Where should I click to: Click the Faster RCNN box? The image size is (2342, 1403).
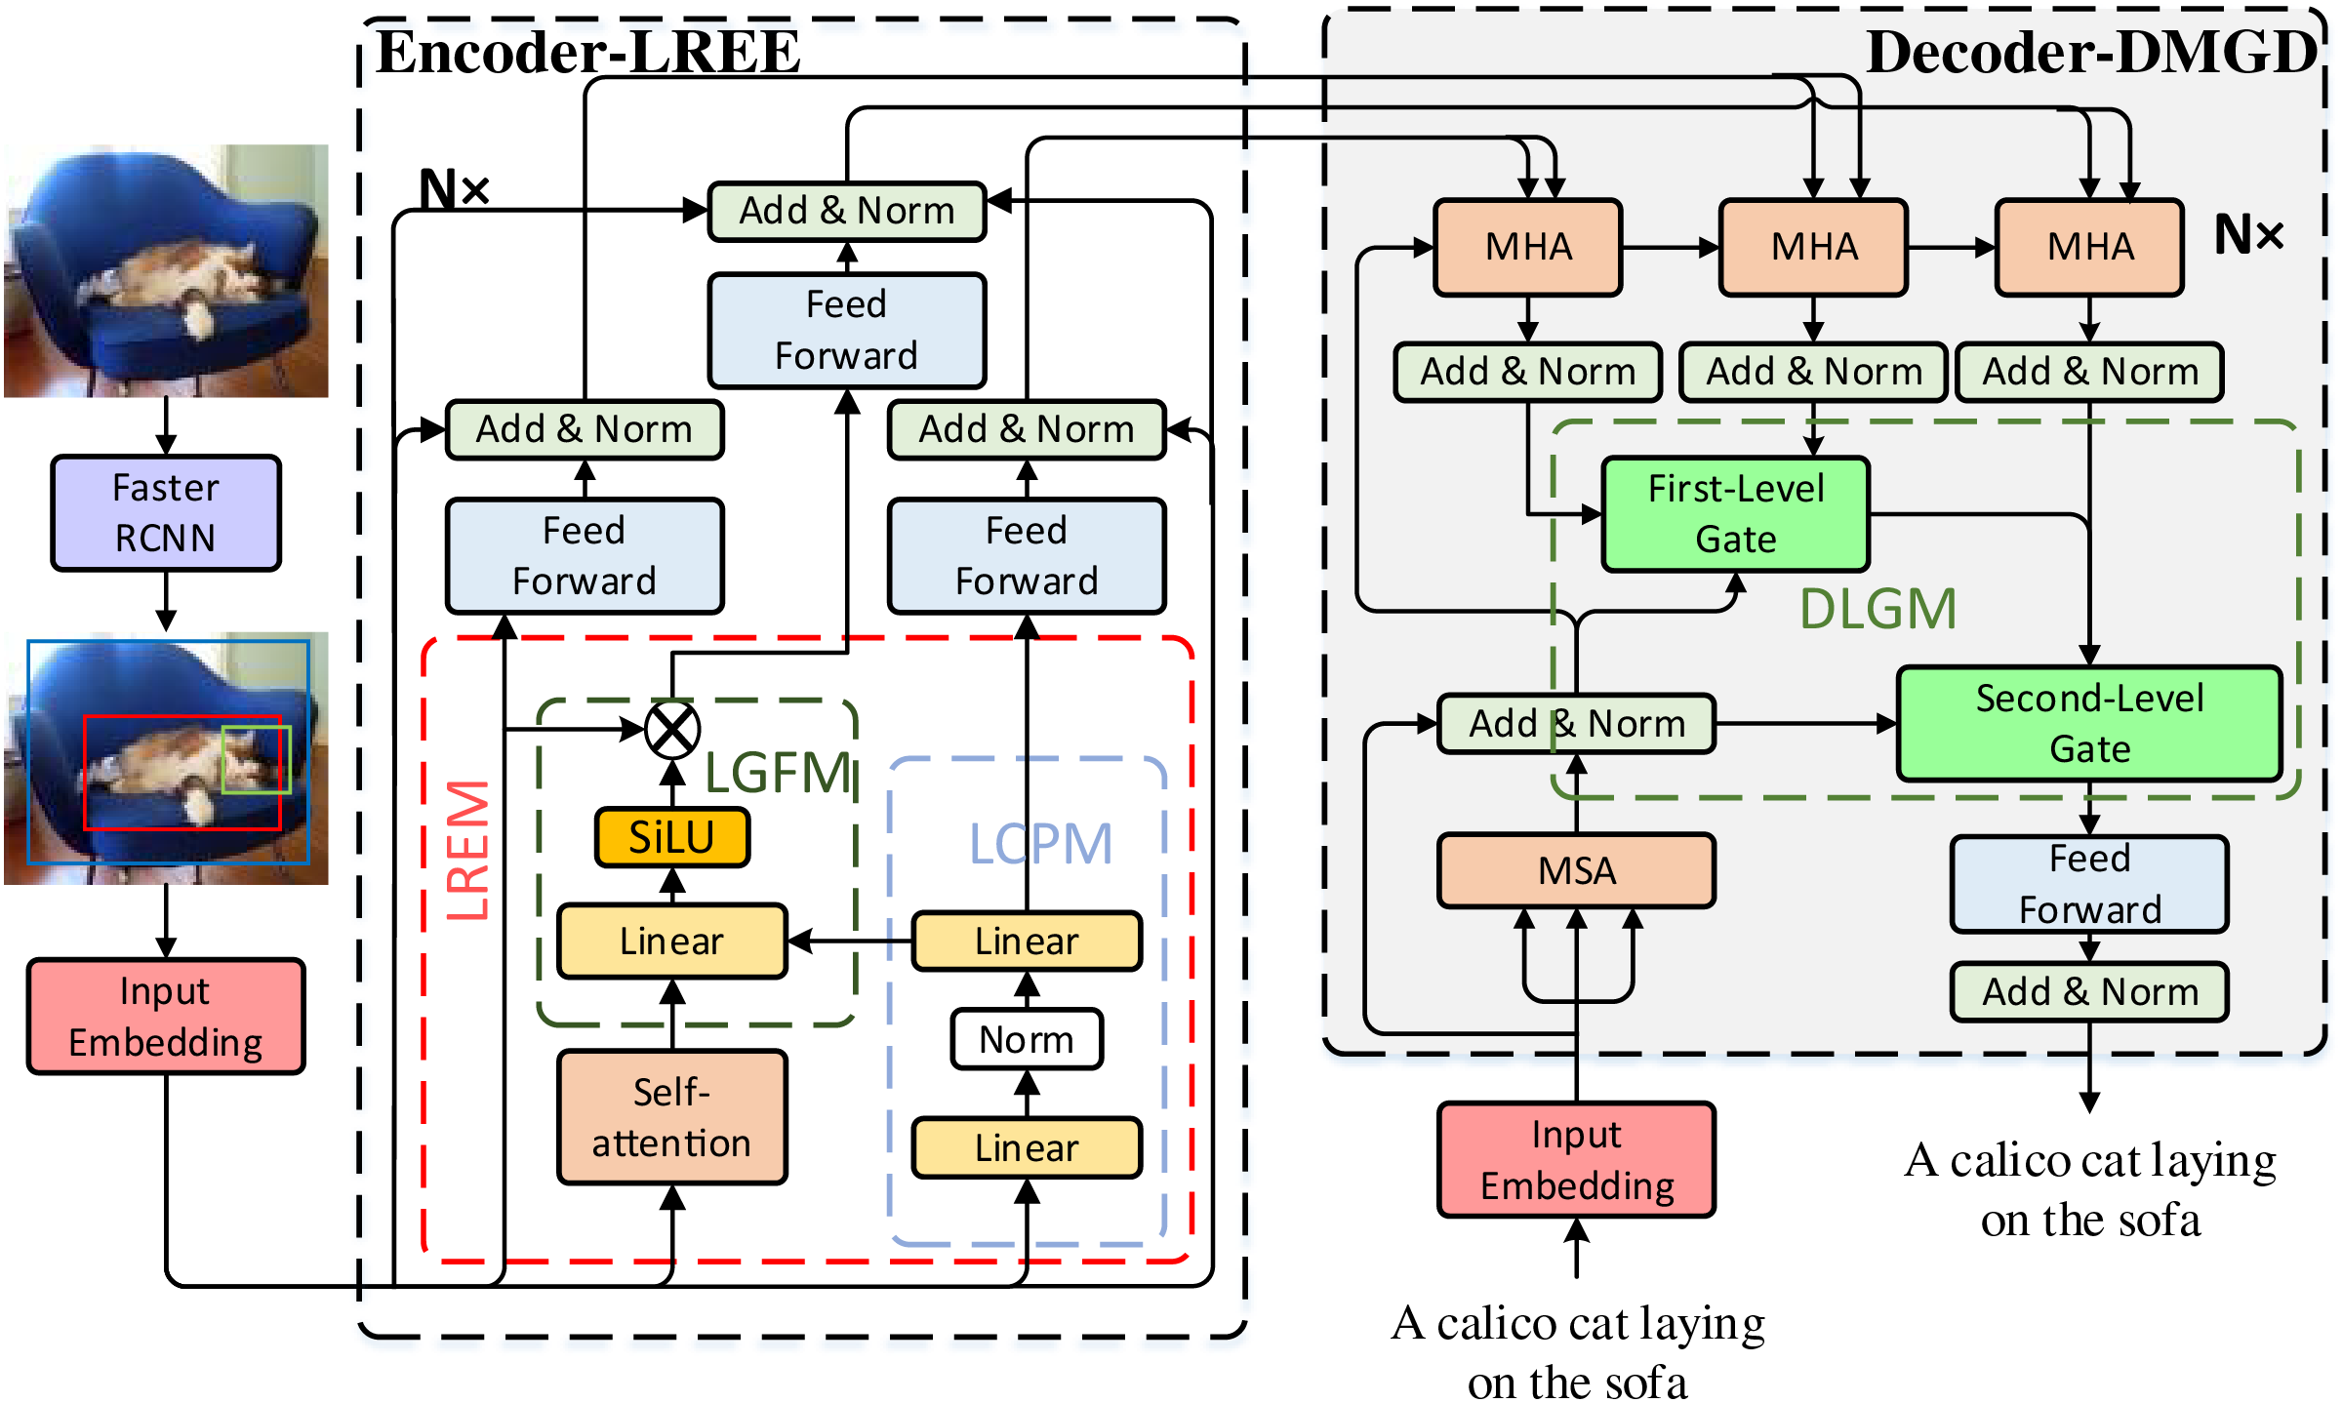[x=166, y=513]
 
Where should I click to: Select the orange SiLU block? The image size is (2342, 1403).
[x=672, y=837]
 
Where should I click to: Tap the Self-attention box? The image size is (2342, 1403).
[x=672, y=1117]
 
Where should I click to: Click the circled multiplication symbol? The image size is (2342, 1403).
[x=672, y=730]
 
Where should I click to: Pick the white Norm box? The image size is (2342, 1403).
[x=1027, y=1039]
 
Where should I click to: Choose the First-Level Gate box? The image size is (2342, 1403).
[x=1736, y=514]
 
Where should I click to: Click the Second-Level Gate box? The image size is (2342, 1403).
[x=2089, y=724]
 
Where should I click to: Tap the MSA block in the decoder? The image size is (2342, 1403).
[x=1577, y=870]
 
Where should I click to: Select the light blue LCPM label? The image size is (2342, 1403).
[x=1040, y=844]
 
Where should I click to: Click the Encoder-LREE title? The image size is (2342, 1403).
[x=588, y=53]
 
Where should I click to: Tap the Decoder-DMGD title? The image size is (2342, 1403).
[x=2091, y=53]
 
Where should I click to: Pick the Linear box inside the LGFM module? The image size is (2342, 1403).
[x=672, y=942]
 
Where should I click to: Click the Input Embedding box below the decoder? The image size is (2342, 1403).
[x=1577, y=1160]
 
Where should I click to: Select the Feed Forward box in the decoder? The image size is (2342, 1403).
[x=2089, y=884]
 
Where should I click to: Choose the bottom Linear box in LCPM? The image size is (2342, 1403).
[x=1027, y=1148]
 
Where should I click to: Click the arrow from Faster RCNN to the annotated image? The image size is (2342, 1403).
[x=166, y=601]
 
